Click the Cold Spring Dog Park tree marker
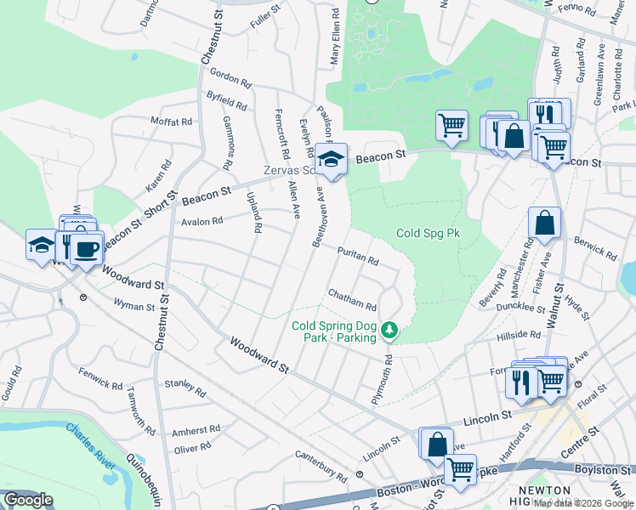(389, 328)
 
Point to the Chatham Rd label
(352, 299)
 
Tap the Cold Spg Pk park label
(428, 233)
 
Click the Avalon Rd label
(202, 221)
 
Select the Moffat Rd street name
(173, 122)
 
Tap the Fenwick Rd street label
(100, 378)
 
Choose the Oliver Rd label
(192, 447)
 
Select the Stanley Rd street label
(185, 388)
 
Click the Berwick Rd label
(595, 246)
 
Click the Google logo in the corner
(28, 500)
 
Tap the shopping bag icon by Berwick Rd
(544, 224)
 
